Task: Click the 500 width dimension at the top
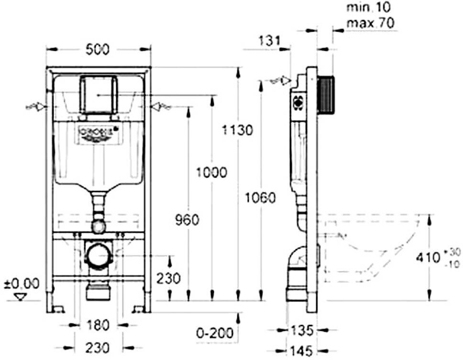click(x=98, y=49)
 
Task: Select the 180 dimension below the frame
click(x=98, y=325)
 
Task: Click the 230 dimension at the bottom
click(x=98, y=347)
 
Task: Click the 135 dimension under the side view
click(x=302, y=330)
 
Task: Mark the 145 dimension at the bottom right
click(x=302, y=350)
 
